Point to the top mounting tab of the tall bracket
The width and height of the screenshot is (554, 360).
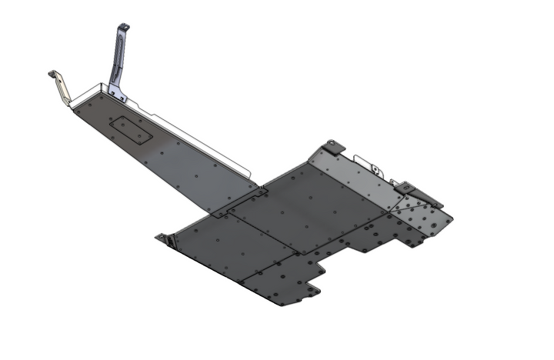[122, 28]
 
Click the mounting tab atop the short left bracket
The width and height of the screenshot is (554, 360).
[54, 74]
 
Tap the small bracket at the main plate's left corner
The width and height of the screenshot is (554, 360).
[164, 238]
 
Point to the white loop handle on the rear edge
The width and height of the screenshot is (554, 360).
[376, 168]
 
